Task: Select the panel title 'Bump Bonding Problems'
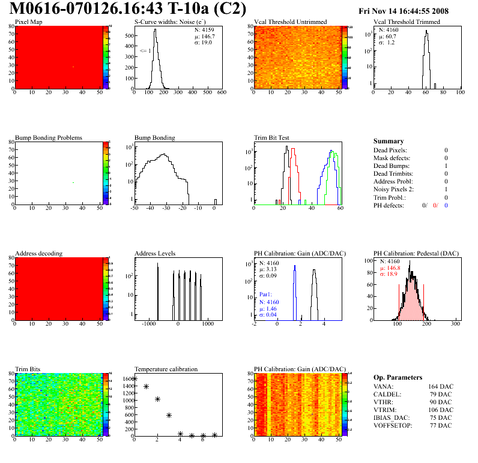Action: click(49, 137)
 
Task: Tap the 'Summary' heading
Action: click(389, 141)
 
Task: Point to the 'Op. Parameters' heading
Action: click(398, 377)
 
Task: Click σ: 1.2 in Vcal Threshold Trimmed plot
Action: click(386, 43)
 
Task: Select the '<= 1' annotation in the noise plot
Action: click(145, 51)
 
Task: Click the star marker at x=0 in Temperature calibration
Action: click(135, 378)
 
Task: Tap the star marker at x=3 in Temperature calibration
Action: click(169, 415)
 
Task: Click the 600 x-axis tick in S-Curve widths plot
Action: click(221, 92)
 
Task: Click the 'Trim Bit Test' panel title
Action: click(272, 137)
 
